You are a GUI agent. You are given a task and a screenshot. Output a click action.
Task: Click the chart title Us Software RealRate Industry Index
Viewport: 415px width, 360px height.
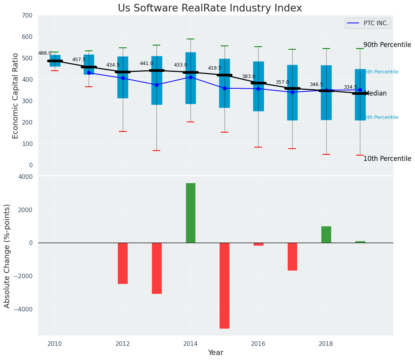[x=210, y=8]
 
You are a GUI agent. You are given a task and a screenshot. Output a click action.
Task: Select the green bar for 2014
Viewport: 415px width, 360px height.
[x=190, y=213]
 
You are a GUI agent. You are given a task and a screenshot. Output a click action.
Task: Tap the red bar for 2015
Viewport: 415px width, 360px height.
[x=225, y=285]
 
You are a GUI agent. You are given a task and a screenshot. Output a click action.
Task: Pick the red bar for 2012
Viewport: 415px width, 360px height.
[x=123, y=263]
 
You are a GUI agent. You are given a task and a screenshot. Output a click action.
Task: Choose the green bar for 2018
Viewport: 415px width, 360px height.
[x=326, y=234]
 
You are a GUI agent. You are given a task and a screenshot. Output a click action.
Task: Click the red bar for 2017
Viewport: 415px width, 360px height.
[x=292, y=256]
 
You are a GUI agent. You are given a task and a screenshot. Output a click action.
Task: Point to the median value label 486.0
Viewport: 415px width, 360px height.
[x=45, y=54]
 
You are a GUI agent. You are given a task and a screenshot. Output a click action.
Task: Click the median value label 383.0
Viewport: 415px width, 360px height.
[x=248, y=77]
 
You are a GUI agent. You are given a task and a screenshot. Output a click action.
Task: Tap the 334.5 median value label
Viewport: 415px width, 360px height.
[x=350, y=88]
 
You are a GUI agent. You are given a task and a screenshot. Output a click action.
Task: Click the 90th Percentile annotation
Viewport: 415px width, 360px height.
[x=387, y=45]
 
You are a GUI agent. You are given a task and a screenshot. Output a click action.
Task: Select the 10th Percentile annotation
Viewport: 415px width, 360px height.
[x=387, y=159]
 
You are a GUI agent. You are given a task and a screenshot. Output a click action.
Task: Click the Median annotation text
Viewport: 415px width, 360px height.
[x=376, y=94]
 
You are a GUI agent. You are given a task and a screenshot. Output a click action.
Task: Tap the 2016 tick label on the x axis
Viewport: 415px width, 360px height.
[x=258, y=344]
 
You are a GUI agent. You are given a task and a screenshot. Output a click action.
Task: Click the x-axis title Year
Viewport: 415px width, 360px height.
[x=215, y=353]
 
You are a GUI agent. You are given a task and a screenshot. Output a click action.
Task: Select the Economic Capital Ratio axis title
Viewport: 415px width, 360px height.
[x=16, y=96]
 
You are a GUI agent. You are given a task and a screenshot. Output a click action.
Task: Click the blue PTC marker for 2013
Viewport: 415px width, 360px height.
[x=156, y=85]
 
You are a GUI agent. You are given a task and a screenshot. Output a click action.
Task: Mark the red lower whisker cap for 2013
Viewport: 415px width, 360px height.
[x=156, y=151]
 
